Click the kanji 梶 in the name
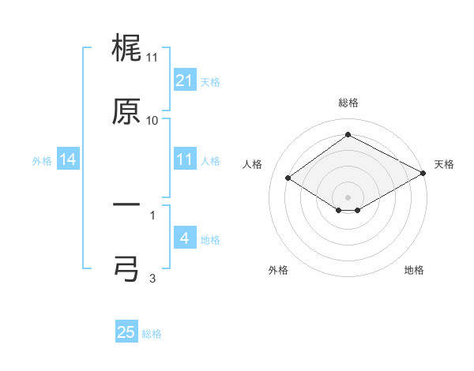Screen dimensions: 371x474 pyautogui.click(x=126, y=49)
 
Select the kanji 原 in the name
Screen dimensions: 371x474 pyautogui.click(x=126, y=111)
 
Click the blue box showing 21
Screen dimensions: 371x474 pyautogui.click(x=184, y=80)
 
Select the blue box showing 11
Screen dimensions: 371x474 pyautogui.click(x=184, y=160)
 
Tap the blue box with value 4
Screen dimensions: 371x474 pyautogui.click(x=184, y=238)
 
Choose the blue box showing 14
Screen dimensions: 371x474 pyautogui.click(x=68, y=160)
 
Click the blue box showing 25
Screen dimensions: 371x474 pyautogui.click(x=126, y=332)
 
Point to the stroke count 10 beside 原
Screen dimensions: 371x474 pyautogui.click(x=152, y=120)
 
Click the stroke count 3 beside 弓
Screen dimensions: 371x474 pyautogui.click(x=152, y=277)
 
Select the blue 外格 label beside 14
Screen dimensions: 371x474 pyautogui.click(x=42, y=161)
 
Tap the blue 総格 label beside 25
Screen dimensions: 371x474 pyautogui.click(x=152, y=334)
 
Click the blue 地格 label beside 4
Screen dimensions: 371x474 pyautogui.click(x=210, y=240)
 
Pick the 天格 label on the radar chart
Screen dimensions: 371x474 pyautogui.click(x=444, y=164)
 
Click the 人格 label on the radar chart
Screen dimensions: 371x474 pyautogui.click(x=253, y=164)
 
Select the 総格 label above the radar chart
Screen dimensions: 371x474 pyautogui.click(x=348, y=103)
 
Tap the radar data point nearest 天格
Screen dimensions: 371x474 pyautogui.click(x=423, y=174)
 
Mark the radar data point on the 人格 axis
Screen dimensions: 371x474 pyautogui.click(x=288, y=178)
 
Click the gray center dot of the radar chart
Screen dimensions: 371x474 pyautogui.click(x=348, y=197)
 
